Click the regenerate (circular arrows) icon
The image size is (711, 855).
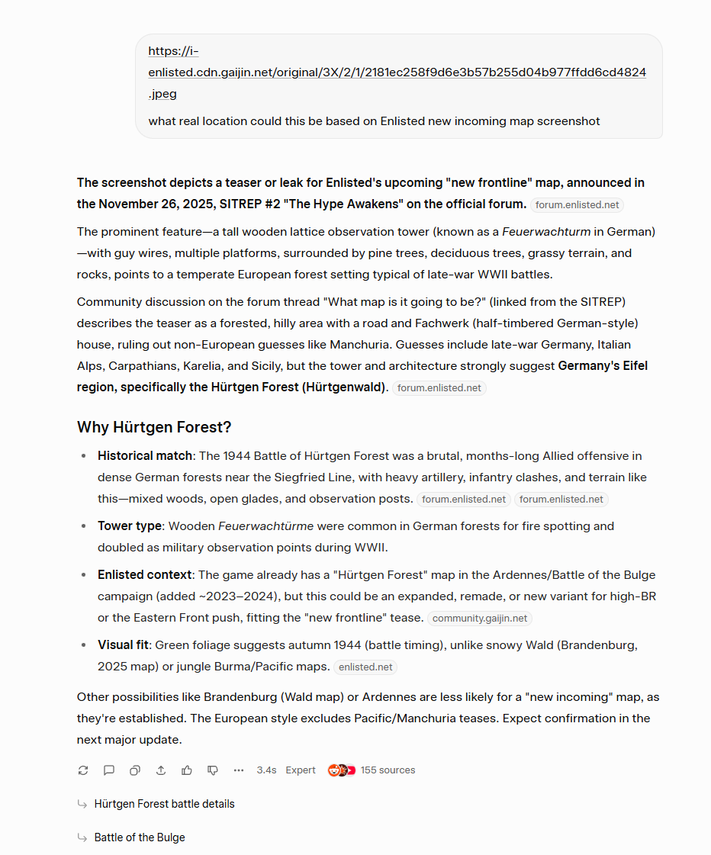(x=83, y=770)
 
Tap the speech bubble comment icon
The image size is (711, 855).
(x=109, y=770)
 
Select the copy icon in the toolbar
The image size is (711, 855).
(x=135, y=770)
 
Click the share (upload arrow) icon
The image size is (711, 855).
(x=161, y=770)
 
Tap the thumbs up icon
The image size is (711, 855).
(x=187, y=770)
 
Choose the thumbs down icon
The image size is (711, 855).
(x=213, y=770)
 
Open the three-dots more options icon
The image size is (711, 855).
(x=239, y=770)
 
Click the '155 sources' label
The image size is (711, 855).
(x=388, y=770)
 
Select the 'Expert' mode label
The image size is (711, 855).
(x=301, y=770)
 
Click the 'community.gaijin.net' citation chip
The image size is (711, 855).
(x=480, y=619)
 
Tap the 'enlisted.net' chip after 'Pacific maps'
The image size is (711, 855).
(x=365, y=667)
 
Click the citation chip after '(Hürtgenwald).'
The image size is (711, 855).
(x=439, y=388)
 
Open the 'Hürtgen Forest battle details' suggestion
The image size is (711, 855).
(x=164, y=804)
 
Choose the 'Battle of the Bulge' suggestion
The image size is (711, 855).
(x=140, y=837)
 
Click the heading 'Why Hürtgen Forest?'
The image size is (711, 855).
(x=154, y=427)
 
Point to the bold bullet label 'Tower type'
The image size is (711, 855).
(x=130, y=526)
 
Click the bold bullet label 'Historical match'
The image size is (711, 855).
(x=145, y=456)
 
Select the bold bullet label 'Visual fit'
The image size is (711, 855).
(x=123, y=645)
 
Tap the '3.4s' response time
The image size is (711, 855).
(x=266, y=770)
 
